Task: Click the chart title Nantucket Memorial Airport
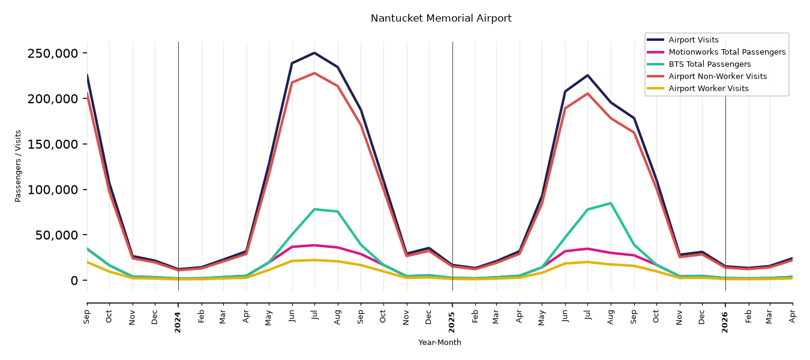point(441,19)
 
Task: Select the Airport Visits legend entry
point(693,40)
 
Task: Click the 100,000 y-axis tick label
point(52,190)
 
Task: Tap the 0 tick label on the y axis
point(74,280)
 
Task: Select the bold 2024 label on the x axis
point(178,322)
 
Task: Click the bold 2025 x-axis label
point(452,322)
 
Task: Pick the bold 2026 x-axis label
point(725,322)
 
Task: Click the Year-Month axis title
point(440,342)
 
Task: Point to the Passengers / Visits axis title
point(18,166)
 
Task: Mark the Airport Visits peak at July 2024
point(314,53)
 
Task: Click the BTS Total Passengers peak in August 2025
point(610,203)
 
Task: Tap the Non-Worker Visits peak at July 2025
point(587,93)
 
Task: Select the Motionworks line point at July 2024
point(314,245)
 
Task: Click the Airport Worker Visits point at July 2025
point(587,262)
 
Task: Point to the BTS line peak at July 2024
point(314,209)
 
